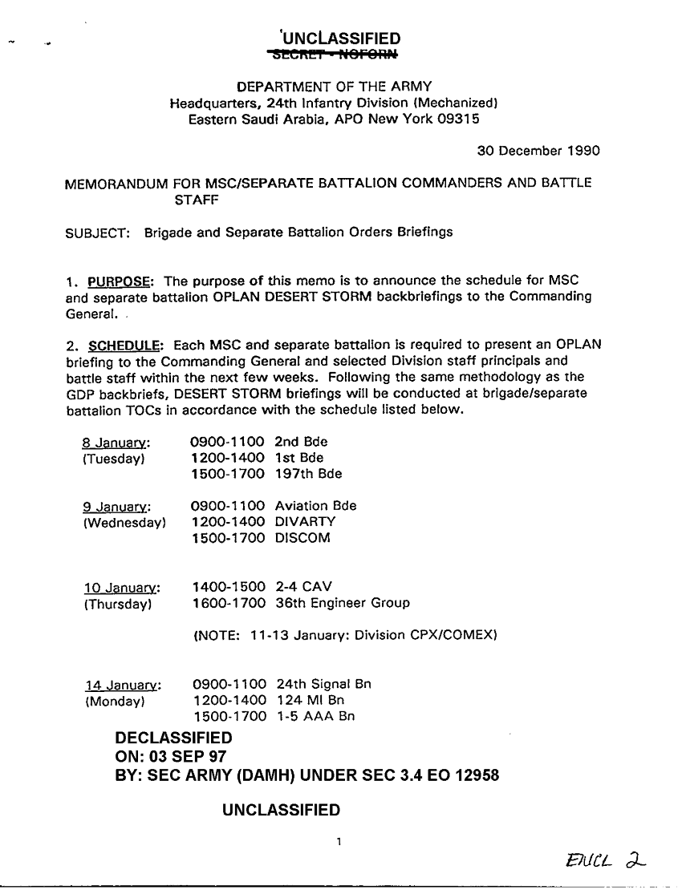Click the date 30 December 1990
tap(538, 151)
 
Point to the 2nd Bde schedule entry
tap(301, 442)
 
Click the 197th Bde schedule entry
tap(308, 474)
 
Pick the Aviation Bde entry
tap(315, 506)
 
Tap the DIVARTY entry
tap(305, 522)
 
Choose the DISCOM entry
tap(302, 538)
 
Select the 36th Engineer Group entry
tap(342, 603)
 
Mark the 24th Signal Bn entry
tap(323, 684)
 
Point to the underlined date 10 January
tap(122, 588)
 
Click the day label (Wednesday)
tap(124, 523)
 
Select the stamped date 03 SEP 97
tap(189, 756)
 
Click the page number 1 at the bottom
tap(340, 842)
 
